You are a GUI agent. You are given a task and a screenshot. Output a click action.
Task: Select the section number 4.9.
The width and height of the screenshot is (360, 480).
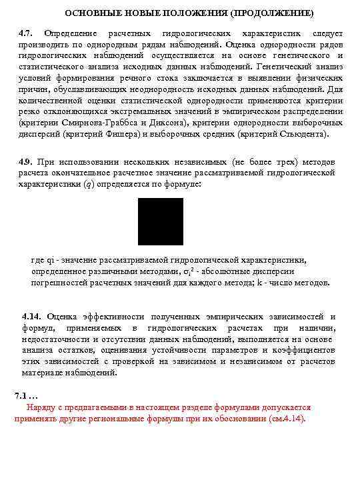coord(27,162)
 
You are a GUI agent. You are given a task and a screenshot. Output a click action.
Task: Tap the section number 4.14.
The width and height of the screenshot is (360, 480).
coord(32,317)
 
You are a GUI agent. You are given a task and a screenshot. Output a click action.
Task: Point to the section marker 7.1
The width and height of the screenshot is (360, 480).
coord(25,396)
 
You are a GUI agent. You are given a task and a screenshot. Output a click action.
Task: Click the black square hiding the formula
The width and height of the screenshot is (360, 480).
coord(161,221)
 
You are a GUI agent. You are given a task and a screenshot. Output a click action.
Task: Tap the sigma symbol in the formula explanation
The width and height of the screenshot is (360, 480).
coord(184,271)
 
